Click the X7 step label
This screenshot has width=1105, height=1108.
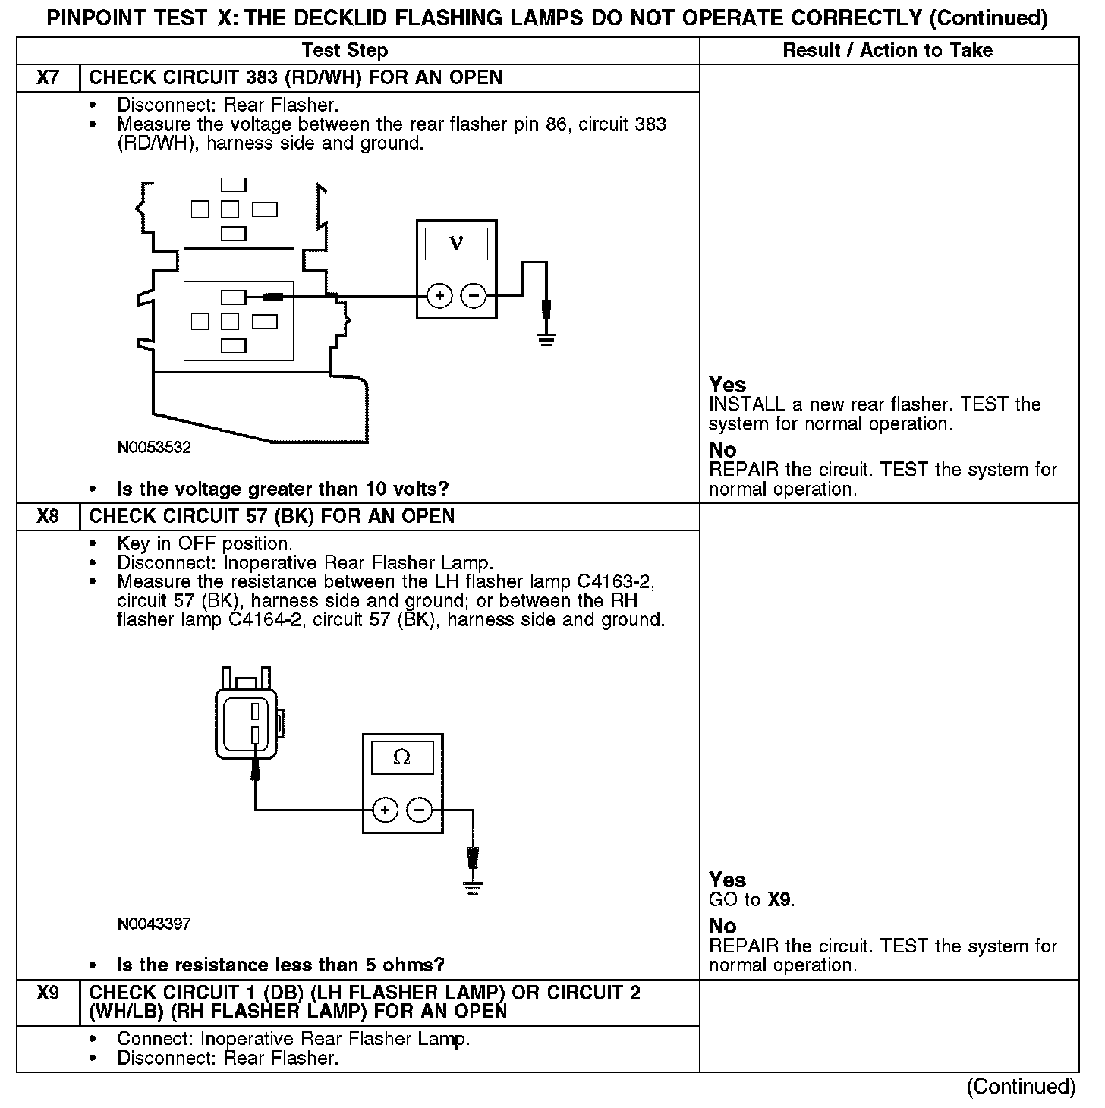pos(48,78)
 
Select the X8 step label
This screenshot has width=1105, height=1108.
pos(48,517)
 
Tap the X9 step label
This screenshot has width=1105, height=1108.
pos(48,993)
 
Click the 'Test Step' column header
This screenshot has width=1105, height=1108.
pos(345,51)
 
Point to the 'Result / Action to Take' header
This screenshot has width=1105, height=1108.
pos(887,51)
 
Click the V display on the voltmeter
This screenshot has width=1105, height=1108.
pos(456,243)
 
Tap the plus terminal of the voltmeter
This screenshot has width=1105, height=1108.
pos(439,295)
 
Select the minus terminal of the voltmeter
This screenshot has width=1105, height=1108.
pos(474,295)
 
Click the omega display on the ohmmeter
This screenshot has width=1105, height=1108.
pos(402,757)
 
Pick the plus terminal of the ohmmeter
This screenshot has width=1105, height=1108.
pos(386,811)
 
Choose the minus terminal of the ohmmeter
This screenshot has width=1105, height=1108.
pos(420,811)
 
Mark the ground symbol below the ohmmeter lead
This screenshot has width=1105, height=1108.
pos(473,887)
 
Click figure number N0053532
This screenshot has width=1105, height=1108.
pos(154,448)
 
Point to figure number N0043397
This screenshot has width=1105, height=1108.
pos(154,924)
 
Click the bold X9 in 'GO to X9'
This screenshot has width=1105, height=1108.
pos(779,900)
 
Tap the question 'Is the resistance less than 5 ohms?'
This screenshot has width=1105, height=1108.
pos(280,965)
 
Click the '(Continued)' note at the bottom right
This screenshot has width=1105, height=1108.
pos(1021,1087)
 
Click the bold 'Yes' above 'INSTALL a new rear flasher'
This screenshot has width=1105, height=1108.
pos(727,385)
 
